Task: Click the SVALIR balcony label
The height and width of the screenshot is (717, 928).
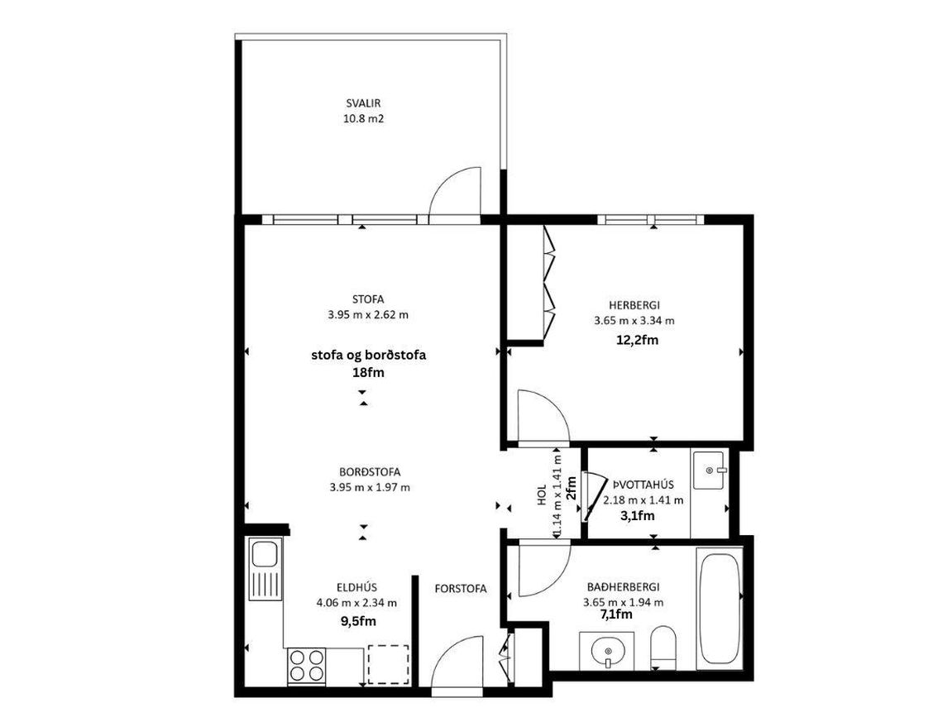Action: (363, 103)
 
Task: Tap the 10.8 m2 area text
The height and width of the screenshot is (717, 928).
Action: (363, 118)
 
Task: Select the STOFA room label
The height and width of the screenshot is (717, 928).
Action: (367, 299)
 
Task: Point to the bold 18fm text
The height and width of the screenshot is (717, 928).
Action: (368, 373)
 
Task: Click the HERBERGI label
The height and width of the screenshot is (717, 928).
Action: (634, 305)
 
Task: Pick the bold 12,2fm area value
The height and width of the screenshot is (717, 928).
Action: (638, 340)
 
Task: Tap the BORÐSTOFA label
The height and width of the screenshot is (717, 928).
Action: (370, 472)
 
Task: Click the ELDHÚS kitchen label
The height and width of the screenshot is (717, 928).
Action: (356, 587)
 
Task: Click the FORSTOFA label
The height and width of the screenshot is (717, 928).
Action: (461, 589)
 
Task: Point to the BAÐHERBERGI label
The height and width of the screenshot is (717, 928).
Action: (623, 587)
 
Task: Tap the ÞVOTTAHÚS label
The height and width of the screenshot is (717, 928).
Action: (643, 485)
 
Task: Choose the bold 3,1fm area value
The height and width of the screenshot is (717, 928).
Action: (637, 516)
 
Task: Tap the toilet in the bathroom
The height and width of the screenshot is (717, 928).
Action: (663, 647)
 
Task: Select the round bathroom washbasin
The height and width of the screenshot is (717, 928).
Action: (607, 652)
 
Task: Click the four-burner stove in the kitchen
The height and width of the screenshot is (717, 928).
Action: (307, 666)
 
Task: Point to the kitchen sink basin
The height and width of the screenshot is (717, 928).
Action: (265, 555)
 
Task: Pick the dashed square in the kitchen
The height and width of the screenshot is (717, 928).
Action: (388, 665)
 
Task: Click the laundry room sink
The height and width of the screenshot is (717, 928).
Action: (709, 471)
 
